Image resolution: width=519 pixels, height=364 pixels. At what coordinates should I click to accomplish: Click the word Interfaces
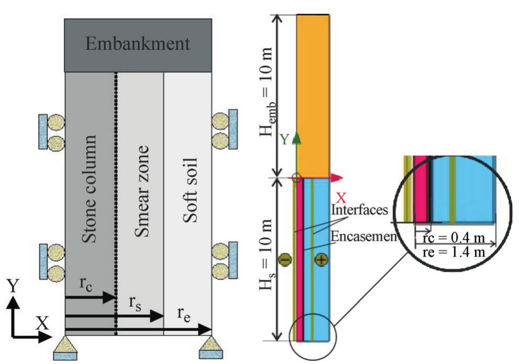coord(359,210)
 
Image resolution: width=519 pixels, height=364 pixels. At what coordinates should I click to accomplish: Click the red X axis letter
coord(341,198)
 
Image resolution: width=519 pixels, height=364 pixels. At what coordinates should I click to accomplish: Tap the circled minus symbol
coord(285,259)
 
